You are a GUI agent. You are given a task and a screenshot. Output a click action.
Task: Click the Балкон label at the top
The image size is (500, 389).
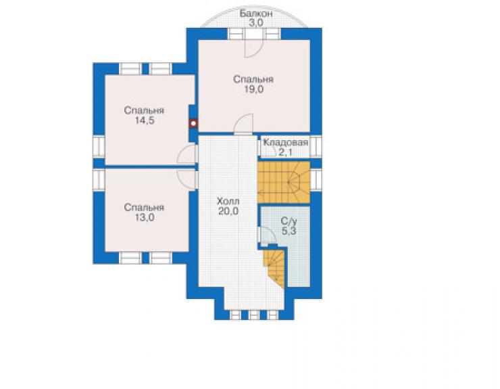[x=256, y=14]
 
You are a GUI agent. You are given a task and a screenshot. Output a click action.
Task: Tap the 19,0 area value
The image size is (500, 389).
[x=254, y=90]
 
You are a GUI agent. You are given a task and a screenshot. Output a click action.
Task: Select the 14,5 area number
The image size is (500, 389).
[x=145, y=120]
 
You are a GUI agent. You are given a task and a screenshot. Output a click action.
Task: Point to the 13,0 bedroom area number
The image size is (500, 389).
[x=145, y=217]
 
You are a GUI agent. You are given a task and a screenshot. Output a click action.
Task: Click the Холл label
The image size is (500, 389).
[x=228, y=202]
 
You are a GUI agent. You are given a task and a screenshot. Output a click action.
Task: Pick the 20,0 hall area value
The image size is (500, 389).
[x=228, y=211]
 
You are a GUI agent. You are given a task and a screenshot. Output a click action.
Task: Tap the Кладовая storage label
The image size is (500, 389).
[x=286, y=143]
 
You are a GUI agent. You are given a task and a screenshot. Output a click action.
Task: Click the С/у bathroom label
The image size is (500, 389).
[x=289, y=221]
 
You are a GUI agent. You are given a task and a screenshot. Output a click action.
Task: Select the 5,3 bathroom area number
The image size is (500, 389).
[x=289, y=231]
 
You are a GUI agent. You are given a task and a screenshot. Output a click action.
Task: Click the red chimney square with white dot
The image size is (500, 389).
[x=193, y=124]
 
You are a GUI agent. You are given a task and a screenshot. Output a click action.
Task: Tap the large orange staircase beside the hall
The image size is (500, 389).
[x=284, y=183]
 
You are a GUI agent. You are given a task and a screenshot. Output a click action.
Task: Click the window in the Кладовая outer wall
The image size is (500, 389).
[x=316, y=146]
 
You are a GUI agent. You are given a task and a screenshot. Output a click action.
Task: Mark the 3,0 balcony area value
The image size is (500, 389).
[x=255, y=23]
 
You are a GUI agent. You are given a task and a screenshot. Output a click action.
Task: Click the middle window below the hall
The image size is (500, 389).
[x=254, y=315]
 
